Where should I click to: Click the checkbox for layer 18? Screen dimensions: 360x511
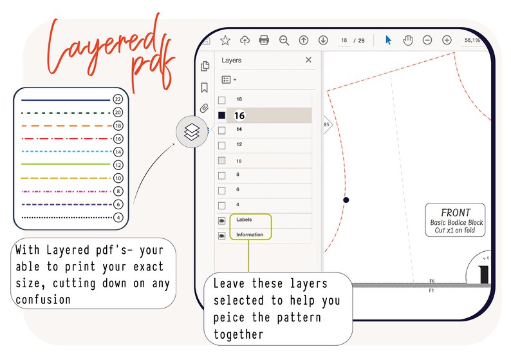coord(222,100)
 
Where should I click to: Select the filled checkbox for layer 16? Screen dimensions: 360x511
coord(222,115)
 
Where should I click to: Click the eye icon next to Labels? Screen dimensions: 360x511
coord(222,220)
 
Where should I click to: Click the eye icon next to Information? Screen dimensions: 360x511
coord(222,236)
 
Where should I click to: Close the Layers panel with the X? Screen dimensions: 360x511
coord(308,60)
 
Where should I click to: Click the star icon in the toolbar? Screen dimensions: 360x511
coord(225,40)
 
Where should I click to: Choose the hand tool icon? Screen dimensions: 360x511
coord(407,40)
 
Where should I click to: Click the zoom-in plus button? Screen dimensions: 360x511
coord(447,40)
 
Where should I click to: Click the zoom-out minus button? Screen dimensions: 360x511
coord(427,40)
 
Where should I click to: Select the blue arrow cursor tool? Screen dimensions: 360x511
coord(388,40)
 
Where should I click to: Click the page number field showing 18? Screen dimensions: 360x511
coord(344,40)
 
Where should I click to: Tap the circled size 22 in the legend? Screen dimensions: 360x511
coord(118,99)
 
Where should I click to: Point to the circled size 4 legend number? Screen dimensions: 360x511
coord(118,218)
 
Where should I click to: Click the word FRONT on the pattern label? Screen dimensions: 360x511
coord(456,213)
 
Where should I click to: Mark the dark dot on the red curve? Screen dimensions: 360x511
coord(346,200)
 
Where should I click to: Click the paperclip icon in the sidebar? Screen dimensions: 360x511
coord(205,108)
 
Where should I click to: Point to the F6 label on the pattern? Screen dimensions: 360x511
coord(432,281)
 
